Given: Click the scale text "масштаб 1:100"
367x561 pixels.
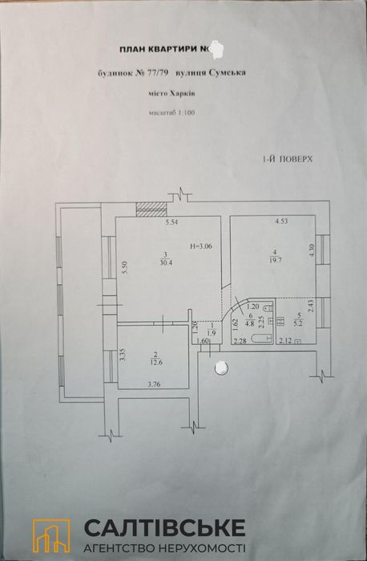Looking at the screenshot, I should (x=171, y=113).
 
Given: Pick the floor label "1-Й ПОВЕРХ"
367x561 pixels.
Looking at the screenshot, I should (x=286, y=160).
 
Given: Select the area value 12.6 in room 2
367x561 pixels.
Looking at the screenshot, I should (x=155, y=361).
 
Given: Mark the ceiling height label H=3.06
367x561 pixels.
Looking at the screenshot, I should (x=201, y=246).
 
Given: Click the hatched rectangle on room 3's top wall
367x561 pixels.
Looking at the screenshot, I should (x=150, y=209).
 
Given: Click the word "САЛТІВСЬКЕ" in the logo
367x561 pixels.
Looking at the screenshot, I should (x=165, y=527).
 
